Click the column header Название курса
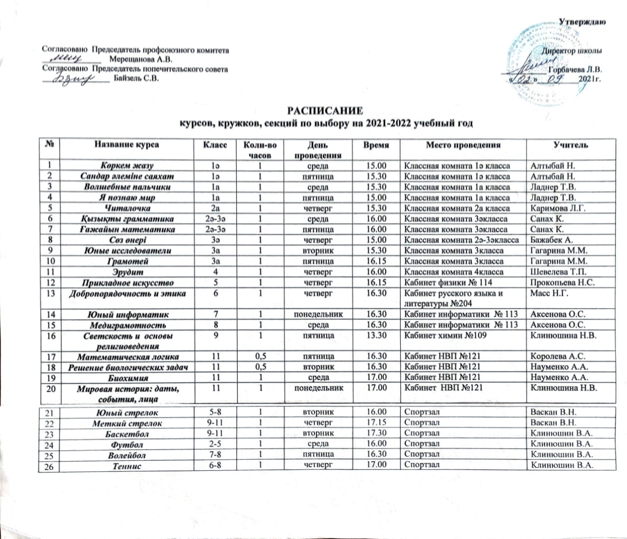click(x=127, y=145)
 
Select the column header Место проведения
click(x=463, y=145)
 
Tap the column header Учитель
click(x=571, y=145)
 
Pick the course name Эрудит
click(x=127, y=272)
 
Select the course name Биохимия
click(x=127, y=378)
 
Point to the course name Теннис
click(x=127, y=466)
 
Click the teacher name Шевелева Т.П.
click(x=560, y=272)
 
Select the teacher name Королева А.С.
click(x=558, y=357)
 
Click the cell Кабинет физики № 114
click(x=447, y=282)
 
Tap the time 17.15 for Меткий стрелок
click(x=377, y=423)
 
